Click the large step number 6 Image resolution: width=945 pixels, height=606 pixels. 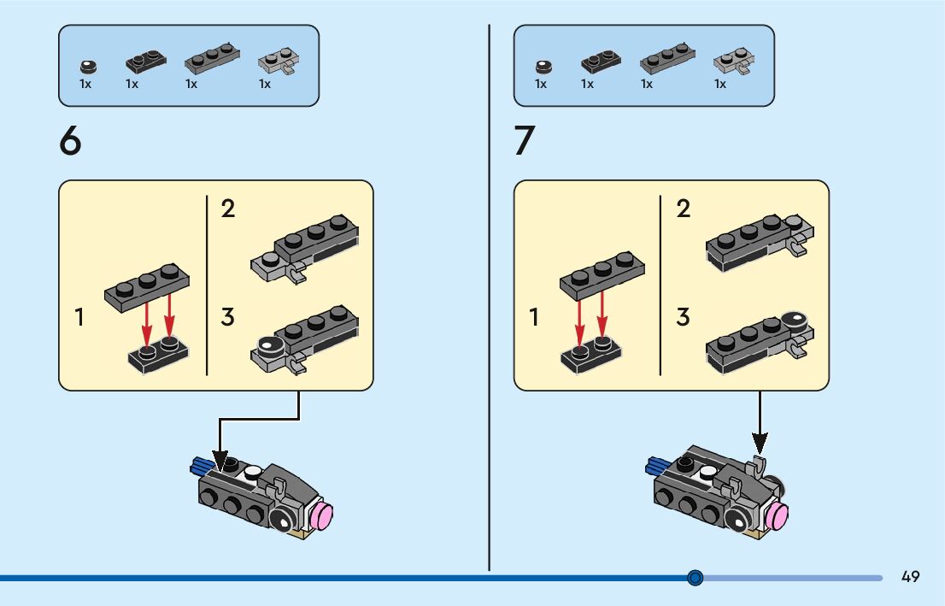click(70, 141)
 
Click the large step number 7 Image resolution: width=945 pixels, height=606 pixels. click(524, 141)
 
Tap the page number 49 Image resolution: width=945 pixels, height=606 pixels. click(910, 577)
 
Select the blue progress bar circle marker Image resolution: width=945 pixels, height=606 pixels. click(695, 578)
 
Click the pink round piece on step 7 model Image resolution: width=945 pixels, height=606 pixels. click(778, 516)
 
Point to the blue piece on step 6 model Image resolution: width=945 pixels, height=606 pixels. click(202, 466)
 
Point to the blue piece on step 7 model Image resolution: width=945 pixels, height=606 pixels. click(657, 466)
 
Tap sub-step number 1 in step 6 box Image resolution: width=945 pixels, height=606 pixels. click(79, 318)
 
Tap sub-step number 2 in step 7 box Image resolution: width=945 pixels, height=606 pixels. click(683, 209)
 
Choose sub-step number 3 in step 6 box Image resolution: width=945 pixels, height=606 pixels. click(227, 317)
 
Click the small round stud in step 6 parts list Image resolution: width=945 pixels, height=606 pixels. click(85, 65)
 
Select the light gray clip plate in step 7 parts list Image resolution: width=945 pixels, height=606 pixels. click(732, 62)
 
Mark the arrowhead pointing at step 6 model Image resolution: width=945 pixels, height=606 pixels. click(220, 462)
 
